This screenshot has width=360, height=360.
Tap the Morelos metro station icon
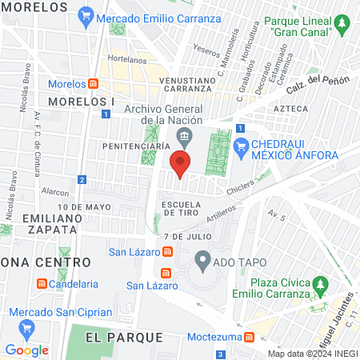[94, 83]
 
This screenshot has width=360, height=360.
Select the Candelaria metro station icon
[42, 283]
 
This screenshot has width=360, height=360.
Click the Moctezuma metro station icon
[250, 337]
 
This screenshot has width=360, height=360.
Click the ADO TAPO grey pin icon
[203, 260]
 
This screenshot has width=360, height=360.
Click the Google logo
[26, 350]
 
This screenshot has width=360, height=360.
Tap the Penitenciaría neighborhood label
[135, 147]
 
